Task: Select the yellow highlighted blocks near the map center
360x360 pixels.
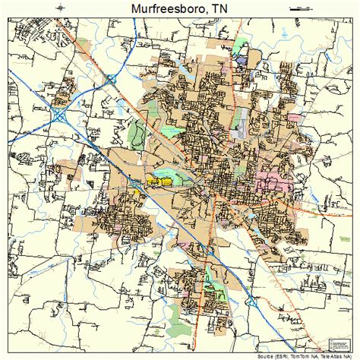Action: coord(162,182)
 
